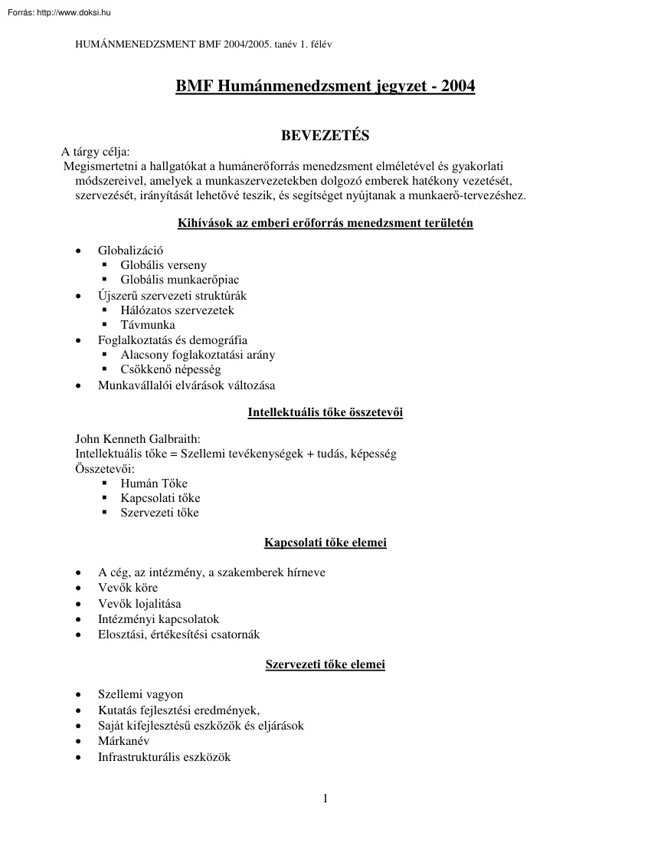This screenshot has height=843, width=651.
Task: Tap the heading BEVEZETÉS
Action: [x=325, y=136]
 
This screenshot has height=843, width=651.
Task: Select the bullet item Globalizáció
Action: [x=130, y=251]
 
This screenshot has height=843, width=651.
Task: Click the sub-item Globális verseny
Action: [x=163, y=265]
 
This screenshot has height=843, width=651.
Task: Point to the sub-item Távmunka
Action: [x=148, y=325]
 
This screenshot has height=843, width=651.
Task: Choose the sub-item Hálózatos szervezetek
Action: [x=177, y=310]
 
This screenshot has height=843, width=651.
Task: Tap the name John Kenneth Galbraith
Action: [x=137, y=439]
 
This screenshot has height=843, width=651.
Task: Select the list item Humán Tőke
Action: [x=154, y=484]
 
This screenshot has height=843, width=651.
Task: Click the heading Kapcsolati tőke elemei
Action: [x=325, y=543]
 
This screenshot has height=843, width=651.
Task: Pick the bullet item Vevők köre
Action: [x=128, y=588]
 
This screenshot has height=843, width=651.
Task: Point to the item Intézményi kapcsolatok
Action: [x=159, y=618]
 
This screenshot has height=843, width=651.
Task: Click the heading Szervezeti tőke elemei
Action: [x=325, y=665]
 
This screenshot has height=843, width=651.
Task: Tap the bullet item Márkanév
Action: [x=124, y=741]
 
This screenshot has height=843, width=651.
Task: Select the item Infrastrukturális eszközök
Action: [x=164, y=757]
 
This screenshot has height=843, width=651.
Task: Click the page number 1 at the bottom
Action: [x=325, y=799]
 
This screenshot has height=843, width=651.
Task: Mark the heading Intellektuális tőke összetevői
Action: [x=325, y=413]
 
